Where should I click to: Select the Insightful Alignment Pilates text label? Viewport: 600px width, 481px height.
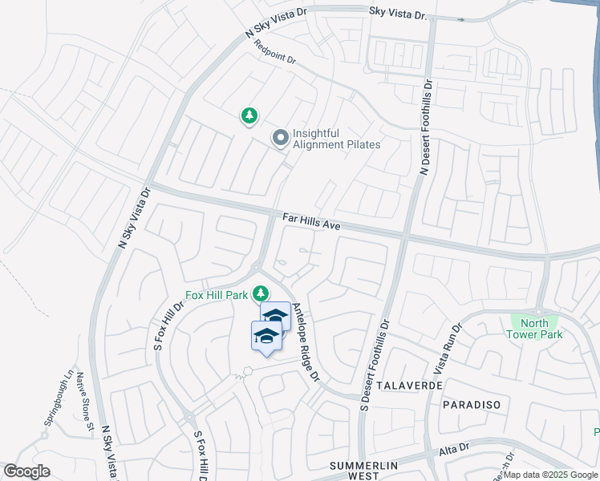coord(336,139)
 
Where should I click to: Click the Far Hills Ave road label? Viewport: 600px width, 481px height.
coord(312,222)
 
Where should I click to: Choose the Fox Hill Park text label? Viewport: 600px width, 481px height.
coord(217,295)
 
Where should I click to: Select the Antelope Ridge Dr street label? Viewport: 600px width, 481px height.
coord(306,342)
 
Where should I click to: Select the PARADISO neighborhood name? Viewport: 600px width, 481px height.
coord(470,406)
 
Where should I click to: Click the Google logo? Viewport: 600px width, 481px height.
coord(27,471)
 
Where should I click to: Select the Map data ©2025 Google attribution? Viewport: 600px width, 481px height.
coord(549,475)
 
